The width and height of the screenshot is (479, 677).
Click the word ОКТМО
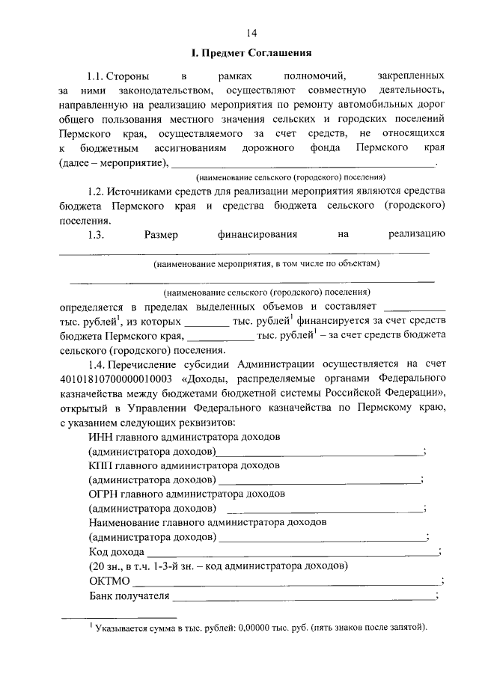109,581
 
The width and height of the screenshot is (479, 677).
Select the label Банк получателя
125,595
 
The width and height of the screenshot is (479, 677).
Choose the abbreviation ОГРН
104,494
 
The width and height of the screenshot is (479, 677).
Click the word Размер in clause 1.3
161,235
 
